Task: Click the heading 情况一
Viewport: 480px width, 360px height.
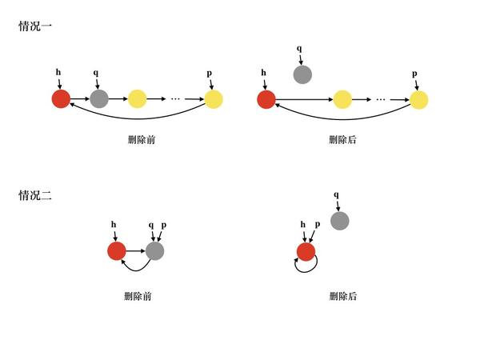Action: click(x=35, y=26)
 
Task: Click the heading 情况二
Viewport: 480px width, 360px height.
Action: click(x=35, y=195)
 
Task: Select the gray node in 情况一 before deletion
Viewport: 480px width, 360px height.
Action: click(x=99, y=99)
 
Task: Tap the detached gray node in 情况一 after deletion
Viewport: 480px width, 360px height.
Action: click(x=302, y=74)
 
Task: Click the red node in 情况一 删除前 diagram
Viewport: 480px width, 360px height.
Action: click(x=61, y=99)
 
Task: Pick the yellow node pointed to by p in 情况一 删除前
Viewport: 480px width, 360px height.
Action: click(x=214, y=99)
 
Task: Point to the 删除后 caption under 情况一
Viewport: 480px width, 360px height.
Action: click(x=342, y=140)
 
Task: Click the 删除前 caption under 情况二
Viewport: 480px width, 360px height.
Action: click(x=138, y=296)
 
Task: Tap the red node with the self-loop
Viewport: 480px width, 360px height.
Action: click(x=306, y=252)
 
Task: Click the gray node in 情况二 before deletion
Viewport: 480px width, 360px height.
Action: click(x=154, y=251)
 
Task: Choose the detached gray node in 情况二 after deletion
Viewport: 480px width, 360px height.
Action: click(x=339, y=221)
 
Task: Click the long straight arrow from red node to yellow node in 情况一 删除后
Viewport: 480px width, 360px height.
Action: click(x=304, y=99)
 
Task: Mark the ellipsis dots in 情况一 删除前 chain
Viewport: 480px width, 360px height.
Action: click(x=175, y=99)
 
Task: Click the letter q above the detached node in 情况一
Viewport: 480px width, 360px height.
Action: click(x=299, y=48)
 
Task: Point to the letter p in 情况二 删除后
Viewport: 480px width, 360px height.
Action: click(x=318, y=224)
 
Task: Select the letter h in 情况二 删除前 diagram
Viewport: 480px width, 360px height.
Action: click(x=114, y=225)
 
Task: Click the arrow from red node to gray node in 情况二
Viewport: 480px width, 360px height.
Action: click(x=136, y=251)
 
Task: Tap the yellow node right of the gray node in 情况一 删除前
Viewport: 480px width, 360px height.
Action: click(x=137, y=99)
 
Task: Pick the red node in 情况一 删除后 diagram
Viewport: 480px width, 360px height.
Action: click(x=266, y=99)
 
